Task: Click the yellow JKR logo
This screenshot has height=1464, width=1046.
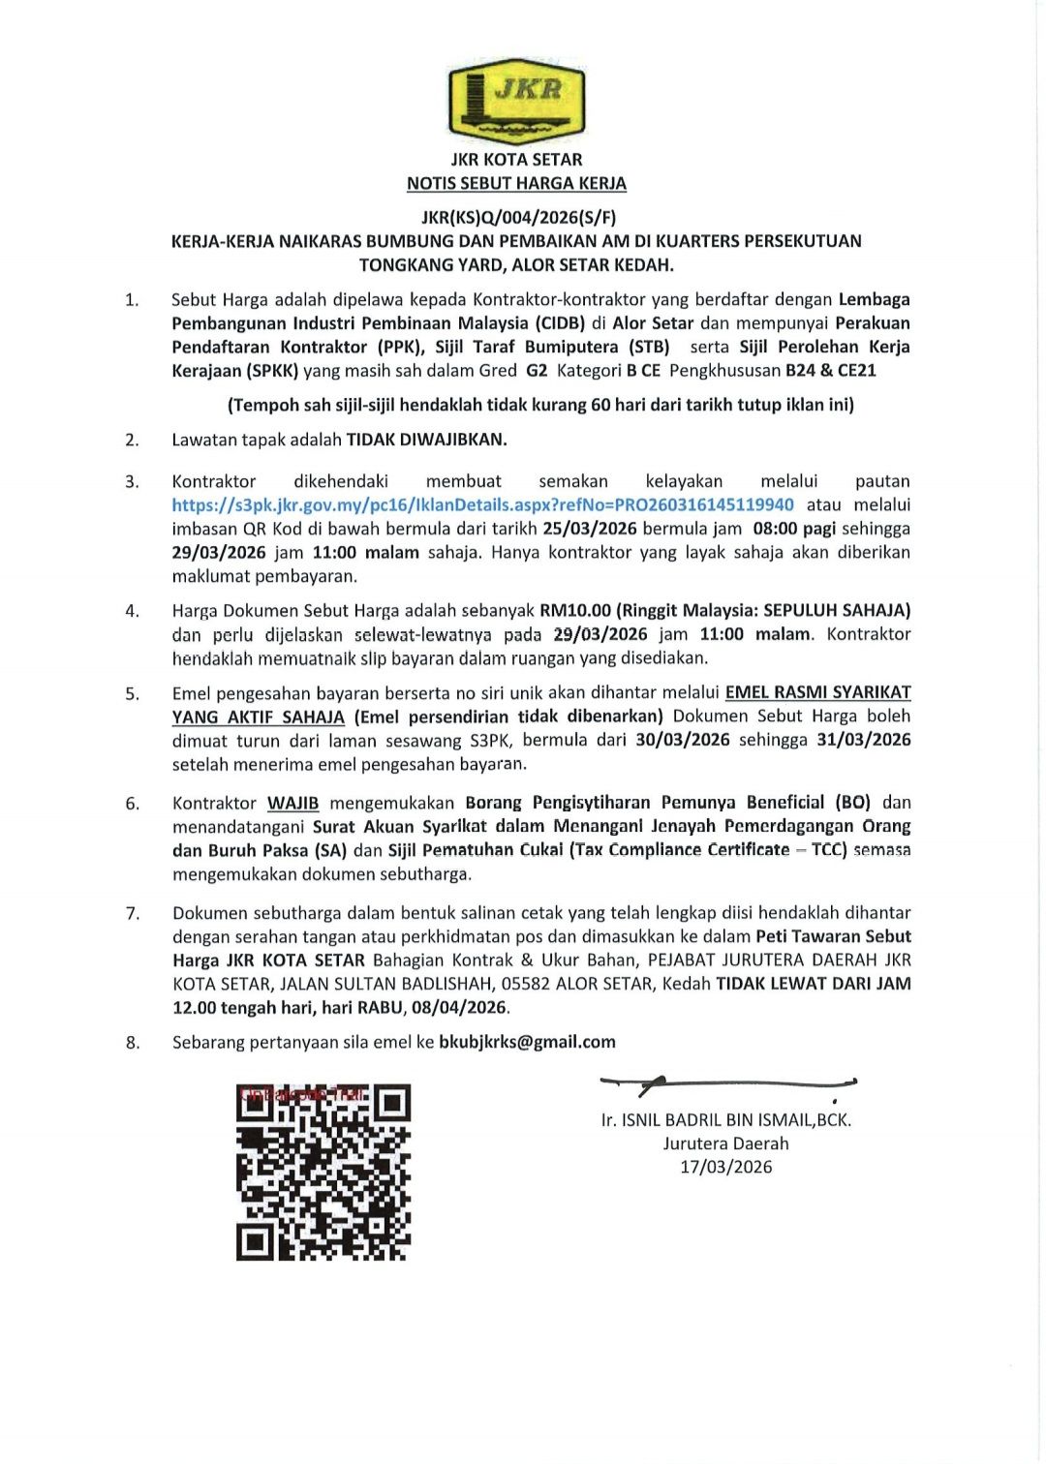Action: (x=516, y=99)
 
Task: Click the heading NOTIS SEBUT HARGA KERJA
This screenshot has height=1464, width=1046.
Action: (x=516, y=183)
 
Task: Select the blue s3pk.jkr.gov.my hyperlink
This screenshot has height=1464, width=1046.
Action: (x=482, y=504)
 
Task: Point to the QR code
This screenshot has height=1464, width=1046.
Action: (x=323, y=1172)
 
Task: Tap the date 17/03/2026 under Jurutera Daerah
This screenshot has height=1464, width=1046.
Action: (x=726, y=1167)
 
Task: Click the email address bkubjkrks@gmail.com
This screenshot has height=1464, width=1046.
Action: (x=527, y=1042)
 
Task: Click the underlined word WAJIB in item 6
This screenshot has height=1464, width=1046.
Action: (x=292, y=803)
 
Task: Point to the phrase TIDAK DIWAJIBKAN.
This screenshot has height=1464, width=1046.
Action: (x=427, y=440)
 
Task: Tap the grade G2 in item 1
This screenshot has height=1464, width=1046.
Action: (x=537, y=370)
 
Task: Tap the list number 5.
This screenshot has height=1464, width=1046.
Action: (x=132, y=693)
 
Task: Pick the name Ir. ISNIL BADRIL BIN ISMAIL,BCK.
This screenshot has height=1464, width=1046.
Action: (x=726, y=1120)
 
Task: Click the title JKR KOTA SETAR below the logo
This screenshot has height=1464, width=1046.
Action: (x=516, y=160)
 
